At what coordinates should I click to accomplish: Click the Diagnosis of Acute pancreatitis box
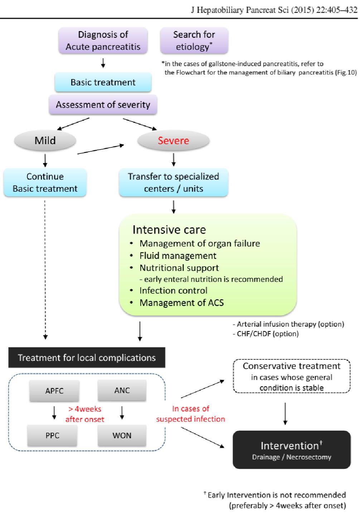tap(103, 41)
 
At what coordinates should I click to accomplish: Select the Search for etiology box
tap(194, 41)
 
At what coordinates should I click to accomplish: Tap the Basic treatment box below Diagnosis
tap(103, 82)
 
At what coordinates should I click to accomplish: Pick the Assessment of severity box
tap(103, 104)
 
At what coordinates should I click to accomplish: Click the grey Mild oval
tap(45, 141)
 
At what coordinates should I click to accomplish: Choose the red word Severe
tap(173, 141)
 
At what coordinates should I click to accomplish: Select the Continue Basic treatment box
tap(45, 182)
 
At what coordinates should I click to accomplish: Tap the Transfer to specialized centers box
tap(174, 182)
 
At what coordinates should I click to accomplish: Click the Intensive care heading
tap(169, 230)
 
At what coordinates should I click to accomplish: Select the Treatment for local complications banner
tap(87, 358)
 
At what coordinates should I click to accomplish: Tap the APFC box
tap(54, 391)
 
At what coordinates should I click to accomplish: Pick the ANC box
tap(122, 391)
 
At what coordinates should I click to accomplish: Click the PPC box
tap(52, 436)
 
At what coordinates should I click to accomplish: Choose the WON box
tap(122, 436)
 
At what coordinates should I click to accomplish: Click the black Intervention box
tap(292, 450)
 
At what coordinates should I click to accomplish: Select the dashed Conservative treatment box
tap(292, 376)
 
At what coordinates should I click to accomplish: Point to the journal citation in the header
tap(274, 10)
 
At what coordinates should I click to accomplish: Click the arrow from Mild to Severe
tap(101, 149)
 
